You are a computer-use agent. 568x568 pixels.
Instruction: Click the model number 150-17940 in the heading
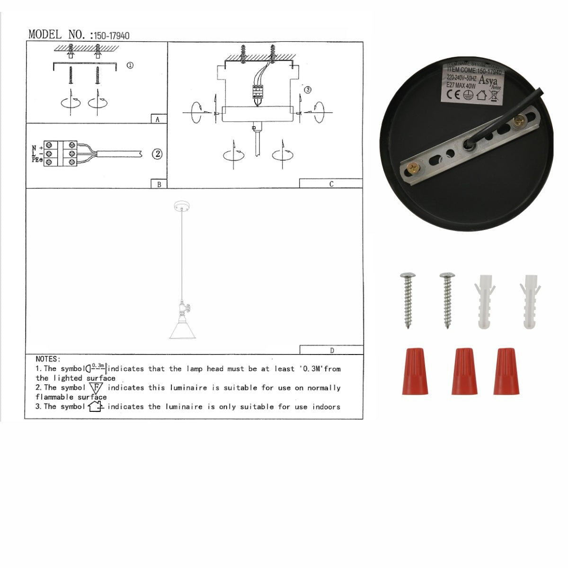click(x=112, y=35)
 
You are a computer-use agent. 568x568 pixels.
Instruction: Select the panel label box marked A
click(x=158, y=119)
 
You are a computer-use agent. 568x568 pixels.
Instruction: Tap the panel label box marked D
click(x=331, y=350)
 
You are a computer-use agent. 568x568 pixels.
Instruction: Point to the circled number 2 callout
click(x=157, y=154)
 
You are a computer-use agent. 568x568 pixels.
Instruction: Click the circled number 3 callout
click(x=308, y=89)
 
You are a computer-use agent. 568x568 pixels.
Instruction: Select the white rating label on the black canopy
click(x=472, y=81)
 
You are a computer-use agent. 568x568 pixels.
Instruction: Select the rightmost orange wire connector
click(x=506, y=372)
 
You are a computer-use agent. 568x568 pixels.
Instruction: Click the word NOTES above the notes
click(x=48, y=359)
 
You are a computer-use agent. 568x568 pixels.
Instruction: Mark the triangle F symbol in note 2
click(x=96, y=388)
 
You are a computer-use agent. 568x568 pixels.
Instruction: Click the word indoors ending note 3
click(x=326, y=407)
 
